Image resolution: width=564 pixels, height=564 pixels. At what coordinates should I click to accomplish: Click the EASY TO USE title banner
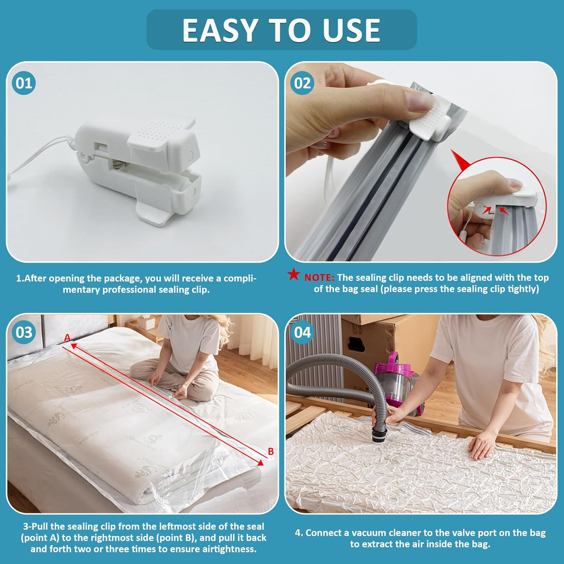click(x=281, y=30)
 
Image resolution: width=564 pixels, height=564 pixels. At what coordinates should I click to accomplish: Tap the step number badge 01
click(x=24, y=83)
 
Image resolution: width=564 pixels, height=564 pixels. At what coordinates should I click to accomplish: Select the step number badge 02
click(x=302, y=83)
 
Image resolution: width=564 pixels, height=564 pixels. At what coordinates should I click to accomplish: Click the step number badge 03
click(x=24, y=332)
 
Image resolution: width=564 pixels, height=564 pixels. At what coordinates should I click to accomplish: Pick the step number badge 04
click(x=302, y=332)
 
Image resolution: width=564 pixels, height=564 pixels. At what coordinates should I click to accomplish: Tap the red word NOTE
click(x=319, y=278)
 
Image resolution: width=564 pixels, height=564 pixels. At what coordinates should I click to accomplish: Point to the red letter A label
click(x=67, y=337)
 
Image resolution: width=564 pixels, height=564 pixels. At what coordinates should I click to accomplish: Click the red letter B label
click(x=270, y=451)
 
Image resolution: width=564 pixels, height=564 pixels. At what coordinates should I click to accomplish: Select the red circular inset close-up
click(x=496, y=207)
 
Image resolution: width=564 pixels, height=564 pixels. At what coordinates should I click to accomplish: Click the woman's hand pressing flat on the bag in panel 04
click(x=483, y=446)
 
